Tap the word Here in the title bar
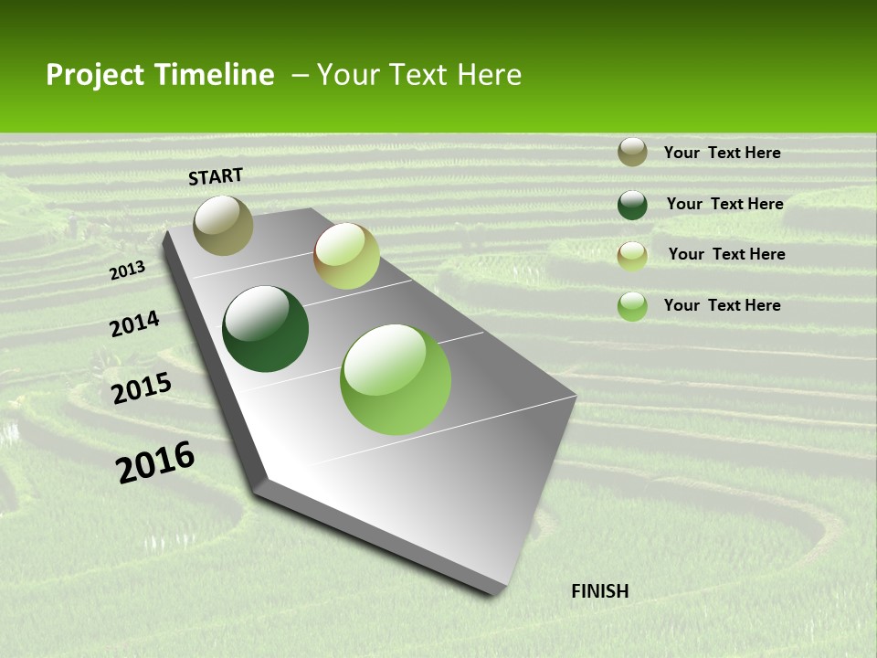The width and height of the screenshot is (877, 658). point(489,75)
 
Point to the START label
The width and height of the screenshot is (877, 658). point(216,176)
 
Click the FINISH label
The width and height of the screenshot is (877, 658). point(600,591)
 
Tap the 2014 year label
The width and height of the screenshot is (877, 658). point(134,324)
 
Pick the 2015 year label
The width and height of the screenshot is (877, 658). point(142,388)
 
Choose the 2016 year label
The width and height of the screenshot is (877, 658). point(155,462)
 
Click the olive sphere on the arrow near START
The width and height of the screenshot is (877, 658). point(223,225)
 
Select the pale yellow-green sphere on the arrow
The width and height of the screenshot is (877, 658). point(346,256)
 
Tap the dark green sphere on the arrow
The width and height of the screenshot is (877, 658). point(266,329)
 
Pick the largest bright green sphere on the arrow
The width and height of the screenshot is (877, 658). point(396,379)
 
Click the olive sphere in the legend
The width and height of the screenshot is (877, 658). point(632,152)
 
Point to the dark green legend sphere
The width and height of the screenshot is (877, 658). point(632,205)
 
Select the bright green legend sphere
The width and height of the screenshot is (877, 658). point(632,306)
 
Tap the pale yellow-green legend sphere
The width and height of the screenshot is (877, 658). point(632,256)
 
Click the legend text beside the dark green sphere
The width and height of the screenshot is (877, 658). point(724,204)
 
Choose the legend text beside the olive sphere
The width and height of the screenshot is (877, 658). point(722,153)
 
